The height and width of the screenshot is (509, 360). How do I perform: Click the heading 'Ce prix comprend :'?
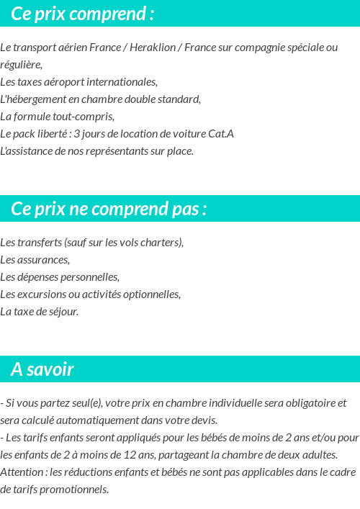pyautogui.click(x=83, y=14)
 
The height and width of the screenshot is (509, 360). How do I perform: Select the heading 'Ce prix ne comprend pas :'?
pyautogui.click(x=109, y=209)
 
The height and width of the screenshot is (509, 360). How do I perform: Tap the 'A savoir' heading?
pyautogui.click(x=42, y=369)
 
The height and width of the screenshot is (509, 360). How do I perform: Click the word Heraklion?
pyautogui.click(x=155, y=48)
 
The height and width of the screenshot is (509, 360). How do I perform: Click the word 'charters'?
pyautogui.click(x=161, y=243)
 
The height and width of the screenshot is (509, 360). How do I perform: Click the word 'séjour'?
pyautogui.click(x=62, y=312)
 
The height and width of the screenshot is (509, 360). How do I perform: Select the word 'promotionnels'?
pyautogui.click(x=74, y=490)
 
